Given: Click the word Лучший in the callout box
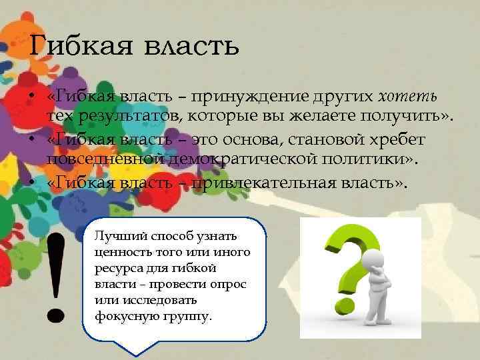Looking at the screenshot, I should point(113,237).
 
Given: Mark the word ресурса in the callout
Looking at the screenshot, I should point(115,269).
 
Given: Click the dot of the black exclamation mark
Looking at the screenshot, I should point(56,314).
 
